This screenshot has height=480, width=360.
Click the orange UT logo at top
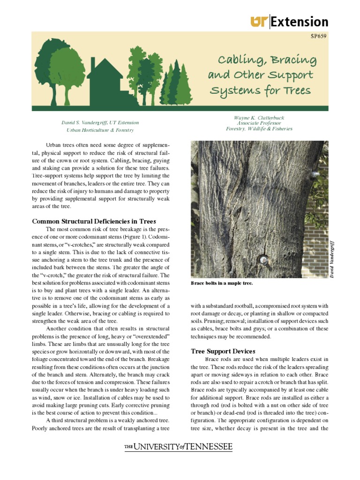click(259, 22)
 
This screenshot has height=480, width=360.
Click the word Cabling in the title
click(239, 60)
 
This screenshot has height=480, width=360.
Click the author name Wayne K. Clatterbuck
click(258, 118)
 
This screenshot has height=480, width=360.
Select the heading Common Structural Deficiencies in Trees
click(94, 221)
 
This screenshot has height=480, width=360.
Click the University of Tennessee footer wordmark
click(178, 448)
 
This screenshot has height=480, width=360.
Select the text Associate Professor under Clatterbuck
click(258, 123)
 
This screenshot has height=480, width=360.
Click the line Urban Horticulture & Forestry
click(100, 130)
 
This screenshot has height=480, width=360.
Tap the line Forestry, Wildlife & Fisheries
click(259, 129)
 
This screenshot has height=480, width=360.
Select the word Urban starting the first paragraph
click(53, 145)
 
